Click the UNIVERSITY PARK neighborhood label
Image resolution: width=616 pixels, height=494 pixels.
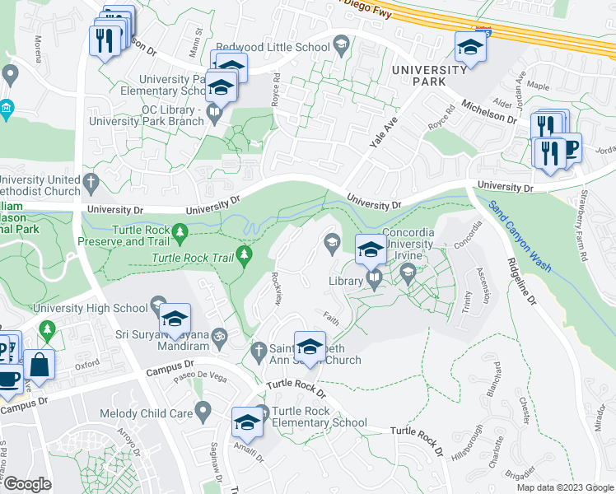pos(429,77)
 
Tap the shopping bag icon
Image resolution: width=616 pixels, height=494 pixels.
pos(39,363)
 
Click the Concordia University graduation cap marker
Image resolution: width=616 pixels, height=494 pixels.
pos(370,248)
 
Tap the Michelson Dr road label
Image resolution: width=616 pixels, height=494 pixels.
pos(488,112)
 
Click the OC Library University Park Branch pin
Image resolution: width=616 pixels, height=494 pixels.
pos(214,110)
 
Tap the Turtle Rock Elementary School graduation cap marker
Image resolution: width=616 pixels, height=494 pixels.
pos(247,422)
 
